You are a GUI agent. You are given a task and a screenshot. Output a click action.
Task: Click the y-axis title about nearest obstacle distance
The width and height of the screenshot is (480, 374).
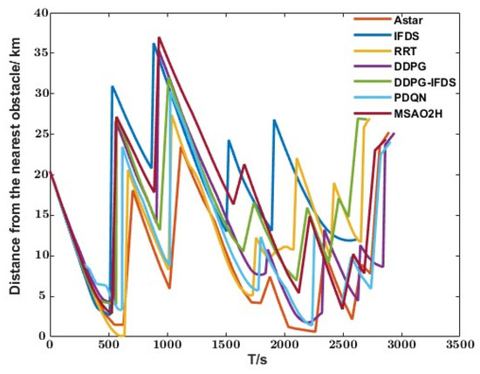pos(16,175)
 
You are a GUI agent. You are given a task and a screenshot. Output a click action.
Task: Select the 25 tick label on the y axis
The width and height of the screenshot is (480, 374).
pos(38,134)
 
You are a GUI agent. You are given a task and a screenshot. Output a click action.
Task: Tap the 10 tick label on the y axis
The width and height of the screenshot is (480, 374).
pos(38,255)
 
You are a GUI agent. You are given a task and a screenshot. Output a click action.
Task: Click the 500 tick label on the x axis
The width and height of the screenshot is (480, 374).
pos(108,346)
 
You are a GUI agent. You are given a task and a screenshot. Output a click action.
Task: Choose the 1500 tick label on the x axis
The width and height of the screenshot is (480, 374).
pos(226,346)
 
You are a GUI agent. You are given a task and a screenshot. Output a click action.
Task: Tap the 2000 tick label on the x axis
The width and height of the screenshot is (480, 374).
pos(285,346)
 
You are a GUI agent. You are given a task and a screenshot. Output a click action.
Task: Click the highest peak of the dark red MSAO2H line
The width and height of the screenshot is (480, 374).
pos(159,38)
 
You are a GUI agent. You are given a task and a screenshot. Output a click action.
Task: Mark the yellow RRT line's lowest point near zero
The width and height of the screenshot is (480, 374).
pos(124,336)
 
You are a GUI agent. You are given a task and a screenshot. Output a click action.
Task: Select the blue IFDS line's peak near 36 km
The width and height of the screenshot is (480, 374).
pos(154,44)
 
